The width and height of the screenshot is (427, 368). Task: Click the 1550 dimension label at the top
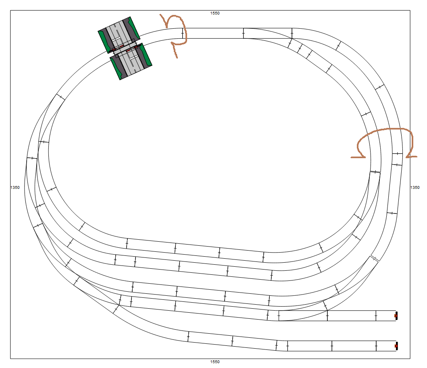coord(215,13)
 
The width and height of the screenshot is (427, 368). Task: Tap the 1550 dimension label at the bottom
coord(215,362)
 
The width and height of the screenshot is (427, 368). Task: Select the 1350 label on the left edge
coord(15,188)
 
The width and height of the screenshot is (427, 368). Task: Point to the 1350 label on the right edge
coord(415,188)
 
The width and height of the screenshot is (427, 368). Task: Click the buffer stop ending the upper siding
coord(396,316)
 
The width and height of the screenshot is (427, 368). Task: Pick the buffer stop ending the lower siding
coord(396,346)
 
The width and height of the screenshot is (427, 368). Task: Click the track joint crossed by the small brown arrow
coord(182,33)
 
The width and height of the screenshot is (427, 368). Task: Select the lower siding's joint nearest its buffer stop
coord(376,346)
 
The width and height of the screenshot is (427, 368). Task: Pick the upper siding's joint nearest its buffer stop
coord(376,316)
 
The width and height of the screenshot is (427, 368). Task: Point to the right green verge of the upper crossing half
coord(133,27)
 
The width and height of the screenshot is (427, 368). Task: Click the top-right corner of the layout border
coord(410,10)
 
